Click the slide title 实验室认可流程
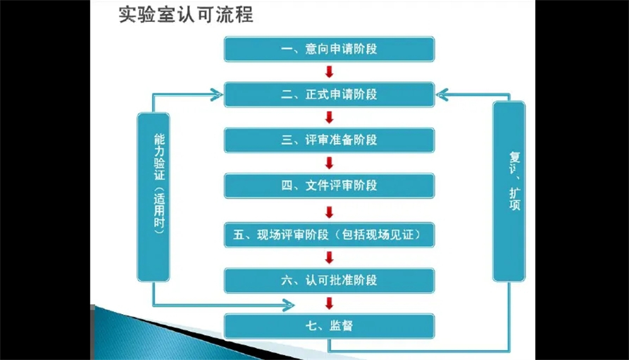(x=186, y=15)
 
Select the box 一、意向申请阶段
(x=330, y=49)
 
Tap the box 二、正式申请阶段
(x=330, y=94)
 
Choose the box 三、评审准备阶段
(x=330, y=140)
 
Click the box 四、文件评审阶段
(x=330, y=186)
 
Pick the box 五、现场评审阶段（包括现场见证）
(x=330, y=235)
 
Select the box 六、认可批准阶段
(x=330, y=281)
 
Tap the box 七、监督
(x=330, y=326)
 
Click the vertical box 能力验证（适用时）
(x=153, y=197)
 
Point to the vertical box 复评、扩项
(x=509, y=191)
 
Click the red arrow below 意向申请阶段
(x=330, y=72)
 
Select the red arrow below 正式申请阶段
(x=330, y=118)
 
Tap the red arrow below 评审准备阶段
(x=330, y=163)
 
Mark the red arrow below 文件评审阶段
(x=330, y=212)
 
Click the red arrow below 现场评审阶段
(x=330, y=257)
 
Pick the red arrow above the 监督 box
(x=330, y=303)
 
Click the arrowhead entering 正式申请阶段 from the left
(x=216, y=94)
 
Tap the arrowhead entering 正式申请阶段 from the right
(x=442, y=94)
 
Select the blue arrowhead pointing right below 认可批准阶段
(x=289, y=305)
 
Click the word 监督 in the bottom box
(x=341, y=326)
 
